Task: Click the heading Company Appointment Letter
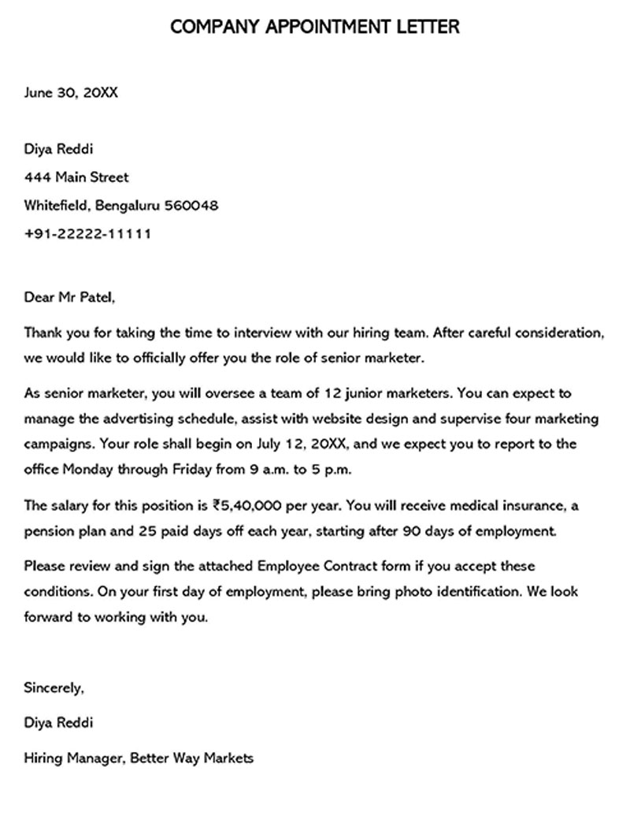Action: coord(314,28)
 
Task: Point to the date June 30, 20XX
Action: coord(71,92)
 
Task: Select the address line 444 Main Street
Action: coord(76,177)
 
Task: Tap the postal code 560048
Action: coord(191,206)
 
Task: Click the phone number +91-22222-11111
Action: coord(88,234)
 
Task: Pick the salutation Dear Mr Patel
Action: coord(69,297)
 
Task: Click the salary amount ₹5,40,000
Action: coord(249,504)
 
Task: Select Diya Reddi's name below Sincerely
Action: coord(60,723)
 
